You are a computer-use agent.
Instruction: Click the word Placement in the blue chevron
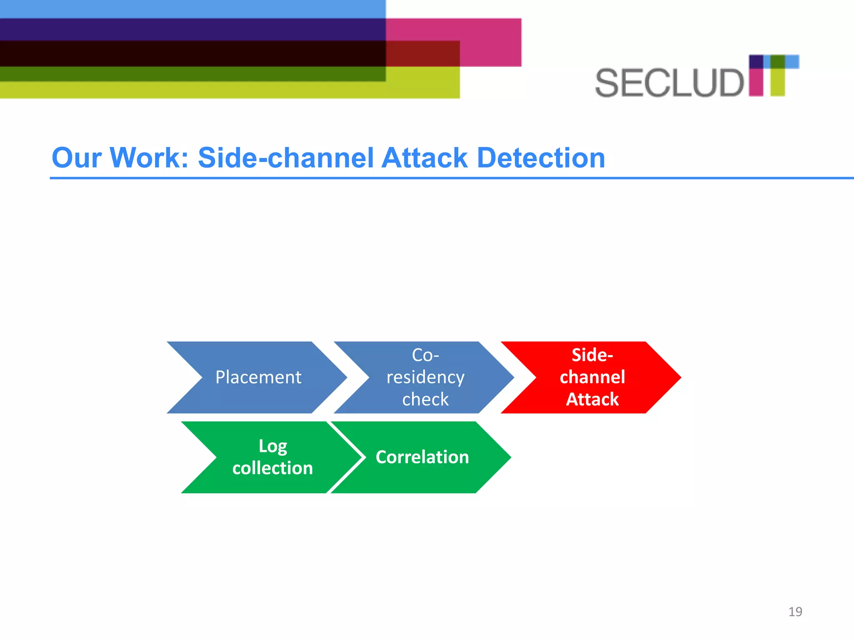click(258, 377)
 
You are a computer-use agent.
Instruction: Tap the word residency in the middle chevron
click(425, 377)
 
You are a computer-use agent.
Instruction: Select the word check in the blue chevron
click(425, 399)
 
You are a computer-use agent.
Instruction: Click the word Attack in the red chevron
click(592, 399)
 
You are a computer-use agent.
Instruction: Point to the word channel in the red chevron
click(592, 377)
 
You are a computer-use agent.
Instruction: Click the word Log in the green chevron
click(273, 446)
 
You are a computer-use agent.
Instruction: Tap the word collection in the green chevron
click(273, 468)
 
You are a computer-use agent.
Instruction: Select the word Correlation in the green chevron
click(422, 457)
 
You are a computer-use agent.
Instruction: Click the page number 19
click(795, 612)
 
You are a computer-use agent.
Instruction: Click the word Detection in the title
click(541, 158)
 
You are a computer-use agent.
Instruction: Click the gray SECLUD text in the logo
click(669, 83)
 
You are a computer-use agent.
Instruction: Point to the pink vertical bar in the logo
click(756, 82)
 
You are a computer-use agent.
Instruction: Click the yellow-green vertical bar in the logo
click(777, 82)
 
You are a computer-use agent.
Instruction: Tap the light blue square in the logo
click(792, 62)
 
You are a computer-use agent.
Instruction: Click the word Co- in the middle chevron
click(425, 355)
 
